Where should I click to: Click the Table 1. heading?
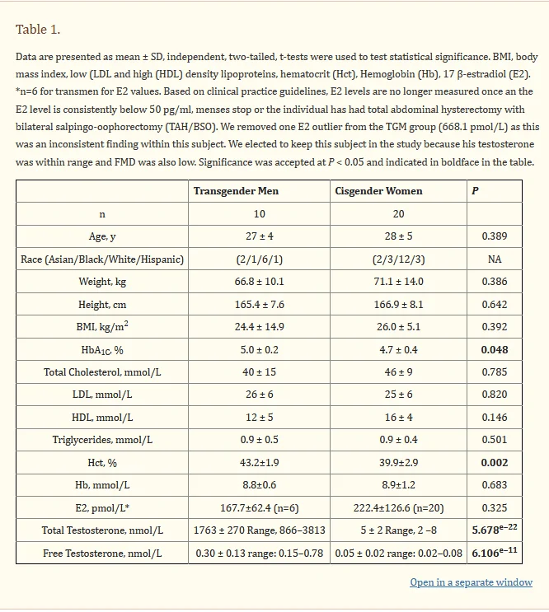pos(38,30)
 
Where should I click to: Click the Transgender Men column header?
pos(236,191)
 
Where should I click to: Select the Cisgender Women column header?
pos(378,191)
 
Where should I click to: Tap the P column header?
pos(475,191)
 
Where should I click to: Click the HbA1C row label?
pos(102,350)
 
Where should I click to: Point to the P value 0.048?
pos(495,350)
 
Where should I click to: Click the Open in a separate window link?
pos(471,582)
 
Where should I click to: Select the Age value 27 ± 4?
pos(259,236)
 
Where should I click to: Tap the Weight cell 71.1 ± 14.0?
pos(399,282)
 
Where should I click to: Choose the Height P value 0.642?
pos(495,305)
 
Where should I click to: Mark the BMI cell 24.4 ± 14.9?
pos(259,327)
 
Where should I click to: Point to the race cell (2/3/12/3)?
pos(399,259)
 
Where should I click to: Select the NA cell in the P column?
pos(495,259)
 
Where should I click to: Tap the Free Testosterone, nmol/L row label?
pos(102,554)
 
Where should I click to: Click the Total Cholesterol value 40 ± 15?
pos(259,372)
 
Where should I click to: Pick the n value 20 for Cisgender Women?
pos(399,214)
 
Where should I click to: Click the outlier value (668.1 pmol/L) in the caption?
pos(467,126)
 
